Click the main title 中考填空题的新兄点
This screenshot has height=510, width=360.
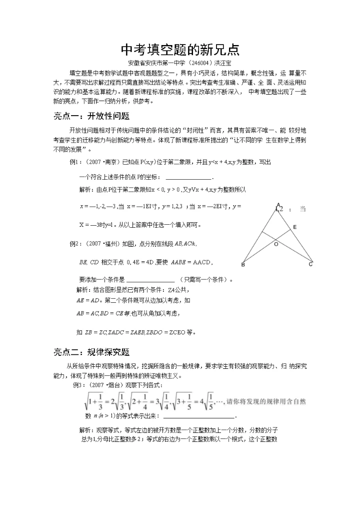coord(180,50)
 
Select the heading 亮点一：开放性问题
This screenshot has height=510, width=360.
coord(91,117)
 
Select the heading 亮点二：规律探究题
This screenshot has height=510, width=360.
coord(91,352)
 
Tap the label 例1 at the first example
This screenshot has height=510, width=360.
coord(75,163)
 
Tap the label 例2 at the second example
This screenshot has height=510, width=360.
coord(75,244)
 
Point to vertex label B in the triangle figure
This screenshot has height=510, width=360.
coord(243,265)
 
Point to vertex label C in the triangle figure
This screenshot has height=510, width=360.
coord(310,264)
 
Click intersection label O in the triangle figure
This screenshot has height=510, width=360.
coord(275,245)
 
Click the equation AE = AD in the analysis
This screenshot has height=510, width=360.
coord(88,300)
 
